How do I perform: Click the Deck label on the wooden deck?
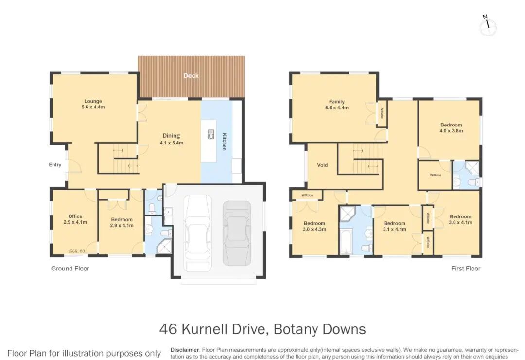[191, 76]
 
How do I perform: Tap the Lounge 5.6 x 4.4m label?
[93, 104]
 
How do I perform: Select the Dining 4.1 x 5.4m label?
[172, 139]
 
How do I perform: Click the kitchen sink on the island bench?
[211, 134]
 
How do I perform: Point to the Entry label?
[55, 164]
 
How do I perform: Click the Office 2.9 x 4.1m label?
[75, 219]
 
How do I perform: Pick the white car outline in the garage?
[198, 234]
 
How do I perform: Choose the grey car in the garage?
[237, 234]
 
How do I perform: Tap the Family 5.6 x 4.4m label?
[337, 105]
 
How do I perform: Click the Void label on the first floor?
[322, 165]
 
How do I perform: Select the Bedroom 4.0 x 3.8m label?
[451, 128]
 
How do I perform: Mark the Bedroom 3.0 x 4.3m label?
[315, 226]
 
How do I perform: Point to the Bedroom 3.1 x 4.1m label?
[395, 226]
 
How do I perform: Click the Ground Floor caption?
[70, 268]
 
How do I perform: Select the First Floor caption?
[466, 268]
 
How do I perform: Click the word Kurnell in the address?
[204, 329]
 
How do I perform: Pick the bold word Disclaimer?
[185, 350]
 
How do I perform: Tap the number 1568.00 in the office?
[76, 251]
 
